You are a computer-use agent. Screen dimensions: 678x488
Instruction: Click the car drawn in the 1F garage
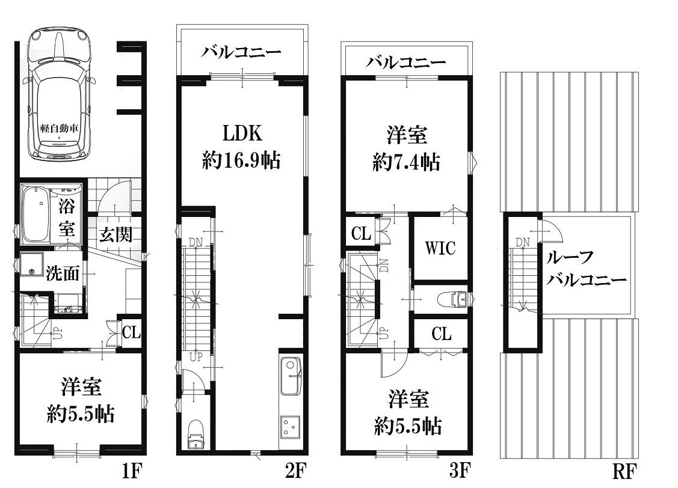[x=59, y=94]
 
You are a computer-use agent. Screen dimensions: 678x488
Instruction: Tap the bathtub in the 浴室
[x=35, y=213]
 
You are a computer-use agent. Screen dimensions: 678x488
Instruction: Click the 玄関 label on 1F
[x=116, y=234]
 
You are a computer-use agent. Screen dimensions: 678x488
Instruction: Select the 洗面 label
[x=63, y=273]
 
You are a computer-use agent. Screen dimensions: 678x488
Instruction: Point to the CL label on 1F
[x=131, y=332]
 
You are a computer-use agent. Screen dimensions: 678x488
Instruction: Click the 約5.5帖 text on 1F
[x=81, y=415]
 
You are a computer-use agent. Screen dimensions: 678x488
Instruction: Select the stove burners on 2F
[x=291, y=426]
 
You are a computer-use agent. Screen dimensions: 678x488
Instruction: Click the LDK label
[x=242, y=133]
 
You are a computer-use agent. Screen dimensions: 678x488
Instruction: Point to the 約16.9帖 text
[x=241, y=160]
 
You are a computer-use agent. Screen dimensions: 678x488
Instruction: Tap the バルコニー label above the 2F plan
[x=241, y=53]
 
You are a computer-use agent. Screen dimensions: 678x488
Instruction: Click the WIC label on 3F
[x=440, y=248]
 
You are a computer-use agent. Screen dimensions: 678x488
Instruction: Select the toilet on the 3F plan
[x=452, y=299]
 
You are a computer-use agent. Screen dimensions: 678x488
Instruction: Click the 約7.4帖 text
[x=407, y=163]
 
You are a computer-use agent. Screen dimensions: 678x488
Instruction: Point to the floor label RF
[x=624, y=471]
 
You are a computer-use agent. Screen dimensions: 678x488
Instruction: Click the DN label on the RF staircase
[x=522, y=242]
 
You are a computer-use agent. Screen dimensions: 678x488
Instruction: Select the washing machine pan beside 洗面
[x=31, y=264]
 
